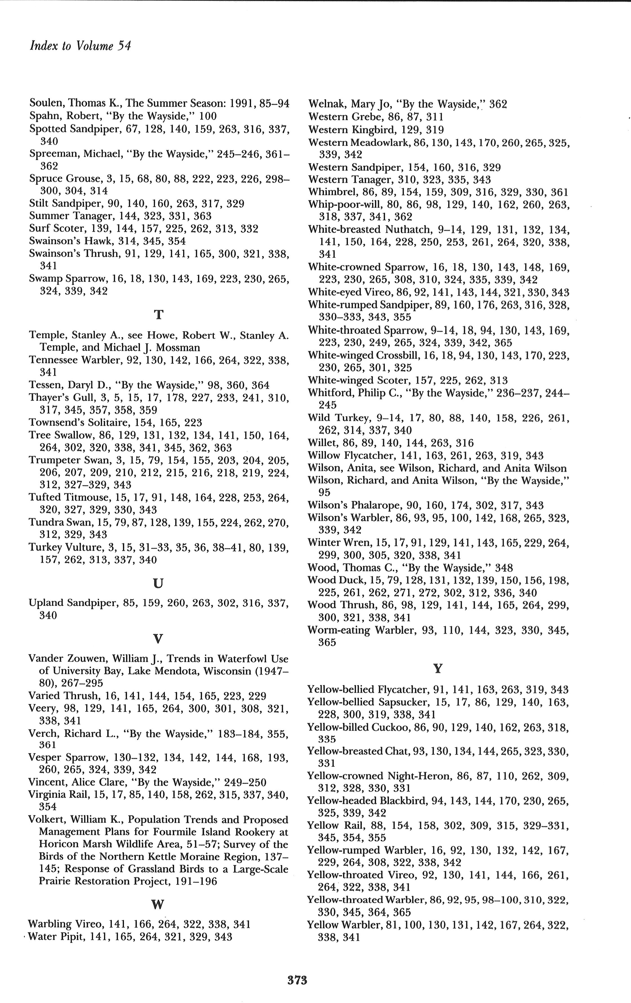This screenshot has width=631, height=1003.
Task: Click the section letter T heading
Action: click(x=158, y=315)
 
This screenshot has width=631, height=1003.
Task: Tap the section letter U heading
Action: click(x=158, y=583)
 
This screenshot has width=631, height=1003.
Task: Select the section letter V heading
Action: click(x=158, y=638)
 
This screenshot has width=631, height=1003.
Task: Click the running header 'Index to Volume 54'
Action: click(x=80, y=46)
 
